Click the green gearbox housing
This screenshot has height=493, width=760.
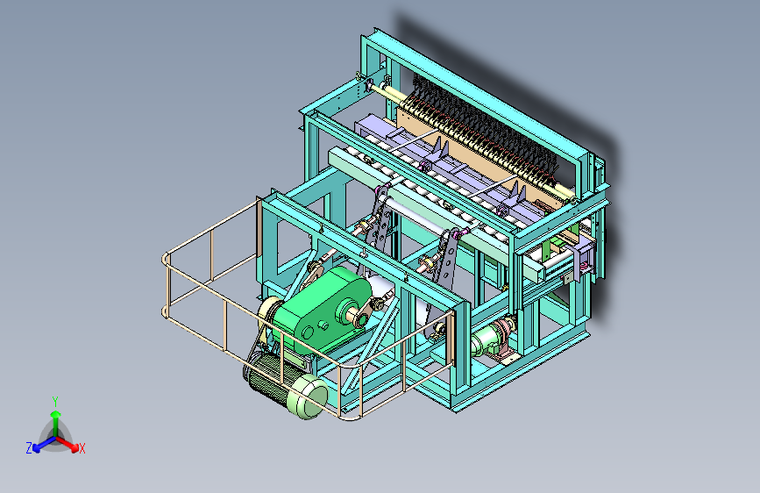point(320,311)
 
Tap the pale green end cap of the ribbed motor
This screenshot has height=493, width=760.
point(309,396)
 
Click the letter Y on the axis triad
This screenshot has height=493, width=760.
point(55,401)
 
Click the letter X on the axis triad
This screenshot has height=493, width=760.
point(82,448)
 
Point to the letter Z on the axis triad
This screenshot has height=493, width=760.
point(29,448)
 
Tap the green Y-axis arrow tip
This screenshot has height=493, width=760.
point(56,415)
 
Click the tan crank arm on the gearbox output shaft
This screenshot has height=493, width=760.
point(365,312)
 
